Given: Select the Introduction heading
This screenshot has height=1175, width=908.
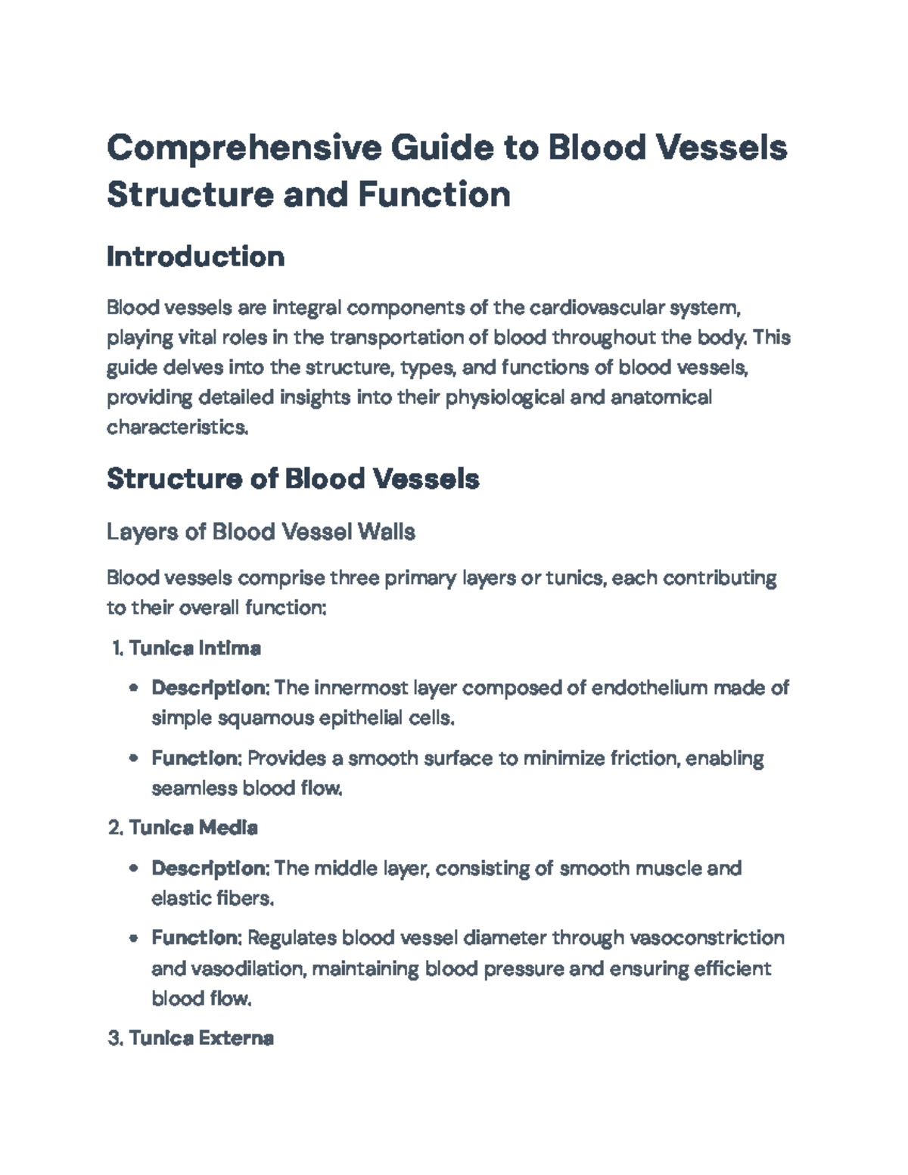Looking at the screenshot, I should click(x=195, y=257).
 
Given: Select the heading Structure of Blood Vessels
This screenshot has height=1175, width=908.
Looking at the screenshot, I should click(x=293, y=479).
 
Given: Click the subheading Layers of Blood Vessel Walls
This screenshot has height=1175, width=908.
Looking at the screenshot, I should click(x=260, y=532).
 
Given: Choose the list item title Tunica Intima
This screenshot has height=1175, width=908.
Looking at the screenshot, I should click(x=194, y=648).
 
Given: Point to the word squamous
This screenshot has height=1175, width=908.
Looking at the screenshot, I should click(x=265, y=718).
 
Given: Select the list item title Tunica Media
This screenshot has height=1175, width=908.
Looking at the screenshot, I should click(x=193, y=828).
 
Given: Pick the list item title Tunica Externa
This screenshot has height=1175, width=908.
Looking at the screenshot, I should click(x=201, y=1038).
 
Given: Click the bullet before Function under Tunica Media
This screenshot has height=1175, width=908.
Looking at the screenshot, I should click(x=134, y=939).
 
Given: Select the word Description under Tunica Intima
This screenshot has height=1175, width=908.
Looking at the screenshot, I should click(x=210, y=688).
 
